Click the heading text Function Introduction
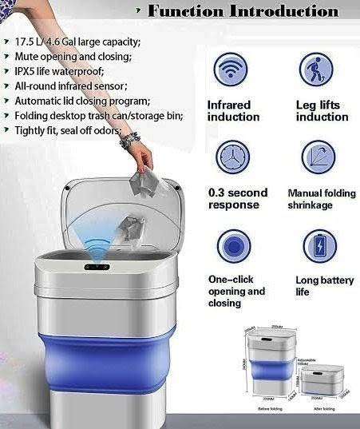point(243,11)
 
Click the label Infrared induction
point(229,111)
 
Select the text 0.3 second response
point(238,199)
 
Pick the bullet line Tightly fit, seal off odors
point(77,130)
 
